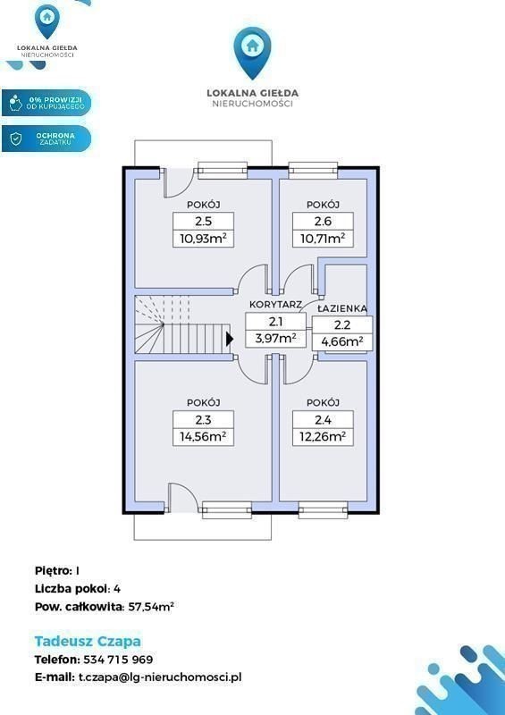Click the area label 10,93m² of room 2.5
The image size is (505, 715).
pyautogui.click(x=203, y=238)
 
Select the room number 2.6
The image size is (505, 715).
pyautogui.click(x=323, y=221)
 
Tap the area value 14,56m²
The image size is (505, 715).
pyautogui.click(x=203, y=436)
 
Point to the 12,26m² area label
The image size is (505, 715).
pyautogui.click(x=323, y=436)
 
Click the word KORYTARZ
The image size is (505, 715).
pyautogui.click(x=276, y=304)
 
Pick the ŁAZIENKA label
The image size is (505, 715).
pyautogui.click(x=342, y=308)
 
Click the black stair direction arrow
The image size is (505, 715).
pyautogui.click(x=230, y=339)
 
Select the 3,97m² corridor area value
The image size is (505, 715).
pyautogui.click(x=275, y=339)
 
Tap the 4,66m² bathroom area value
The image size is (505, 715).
pyautogui.click(x=342, y=341)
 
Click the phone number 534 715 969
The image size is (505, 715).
pyautogui.click(x=118, y=660)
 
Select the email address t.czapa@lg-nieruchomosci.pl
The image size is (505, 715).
pyautogui.click(x=157, y=677)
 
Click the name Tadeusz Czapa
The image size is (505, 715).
pyautogui.click(x=88, y=641)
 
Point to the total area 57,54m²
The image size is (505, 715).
pyautogui.click(x=148, y=607)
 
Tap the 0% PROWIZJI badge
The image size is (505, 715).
pyautogui.click(x=46, y=103)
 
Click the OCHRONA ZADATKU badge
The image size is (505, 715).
pyautogui.click(x=46, y=139)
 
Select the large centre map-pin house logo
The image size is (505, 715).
pyautogui.click(x=252, y=53)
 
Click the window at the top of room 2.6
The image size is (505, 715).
pyautogui.click(x=313, y=170)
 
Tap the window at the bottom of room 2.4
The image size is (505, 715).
pyautogui.click(x=323, y=509)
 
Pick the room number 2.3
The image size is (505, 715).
pyautogui.click(x=203, y=419)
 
